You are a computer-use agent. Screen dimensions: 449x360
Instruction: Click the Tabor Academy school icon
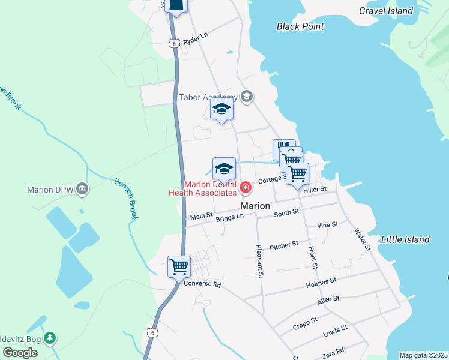pyautogui.click(x=246, y=97)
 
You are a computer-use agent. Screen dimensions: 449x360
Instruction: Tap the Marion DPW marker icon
pyautogui.click(x=83, y=190)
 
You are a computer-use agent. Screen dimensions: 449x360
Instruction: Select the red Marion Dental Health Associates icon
pyautogui.click(x=245, y=188)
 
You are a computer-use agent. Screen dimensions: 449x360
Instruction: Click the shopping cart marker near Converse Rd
pyautogui.click(x=179, y=266)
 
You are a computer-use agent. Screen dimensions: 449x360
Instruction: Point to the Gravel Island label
pyautogui.click(x=386, y=11)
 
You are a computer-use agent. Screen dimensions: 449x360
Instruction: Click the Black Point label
pyautogui.click(x=300, y=26)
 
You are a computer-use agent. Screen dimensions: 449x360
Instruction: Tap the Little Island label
pyautogui.click(x=406, y=239)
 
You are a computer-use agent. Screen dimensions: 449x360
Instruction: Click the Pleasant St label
pyautogui.click(x=260, y=261)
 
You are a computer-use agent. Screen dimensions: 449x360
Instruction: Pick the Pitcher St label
pyautogui.click(x=284, y=245)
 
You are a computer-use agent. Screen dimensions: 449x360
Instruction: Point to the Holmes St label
pyautogui.click(x=321, y=280)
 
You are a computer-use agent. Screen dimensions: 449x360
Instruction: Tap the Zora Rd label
pyautogui.click(x=331, y=352)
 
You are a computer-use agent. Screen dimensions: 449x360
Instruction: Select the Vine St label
pyautogui.click(x=327, y=225)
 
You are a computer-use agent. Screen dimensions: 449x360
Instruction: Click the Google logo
pyautogui.click(x=20, y=353)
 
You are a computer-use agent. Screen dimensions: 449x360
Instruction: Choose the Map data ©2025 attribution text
pyautogui.click(x=424, y=355)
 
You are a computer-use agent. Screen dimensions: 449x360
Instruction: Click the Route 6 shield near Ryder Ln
pyautogui.click(x=173, y=43)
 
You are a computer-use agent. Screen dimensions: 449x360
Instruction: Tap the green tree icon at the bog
pyautogui.click(x=50, y=338)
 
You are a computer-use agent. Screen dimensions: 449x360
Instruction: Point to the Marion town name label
pyautogui.click(x=255, y=206)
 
